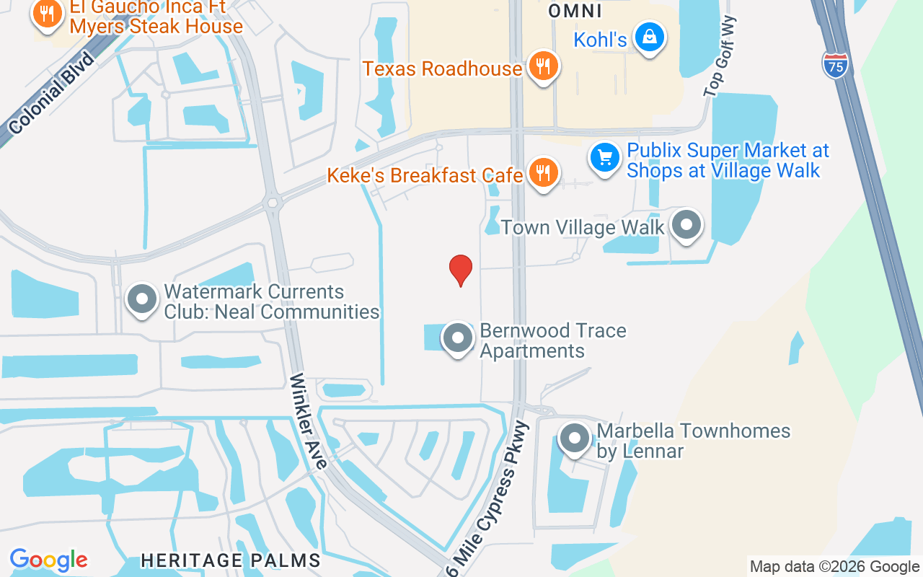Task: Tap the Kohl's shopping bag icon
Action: (x=650, y=37)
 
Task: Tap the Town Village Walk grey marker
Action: (x=686, y=224)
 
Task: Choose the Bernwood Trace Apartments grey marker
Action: (x=456, y=337)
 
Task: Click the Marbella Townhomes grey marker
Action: (x=575, y=438)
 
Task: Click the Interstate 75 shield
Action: (x=834, y=65)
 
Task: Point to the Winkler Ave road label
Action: (x=309, y=421)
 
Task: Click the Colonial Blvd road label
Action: (x=52, y=94)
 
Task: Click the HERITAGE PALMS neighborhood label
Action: (x=231, y=560)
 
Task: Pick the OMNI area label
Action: (x=575, y=10)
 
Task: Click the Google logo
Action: (x=48, y=560)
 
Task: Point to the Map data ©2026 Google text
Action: (x=834, y=567)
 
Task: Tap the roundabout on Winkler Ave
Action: (x=272, y=203)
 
